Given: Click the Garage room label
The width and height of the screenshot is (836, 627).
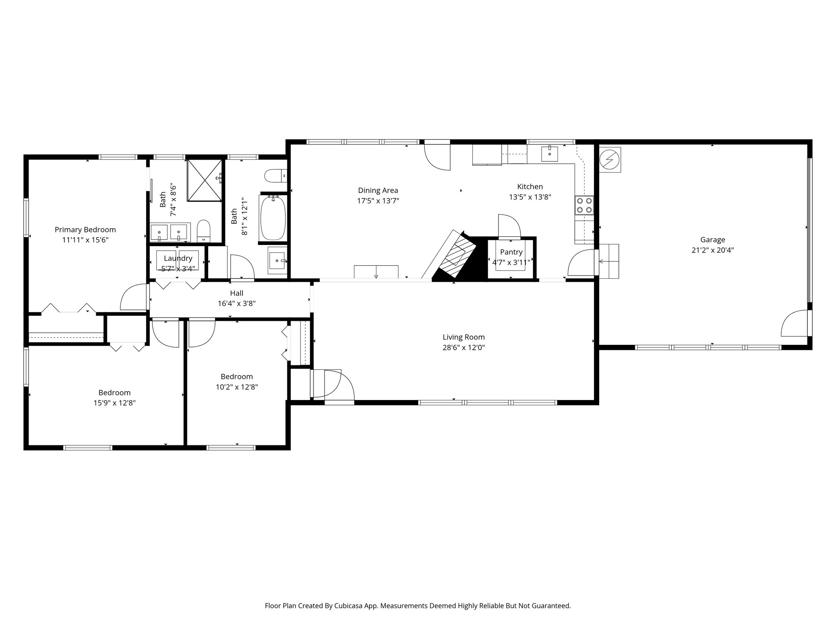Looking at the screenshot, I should click(x=712, y=240).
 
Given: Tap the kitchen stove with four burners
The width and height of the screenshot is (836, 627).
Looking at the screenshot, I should click(x=584, y=205).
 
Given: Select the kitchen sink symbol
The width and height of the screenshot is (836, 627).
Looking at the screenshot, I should click(x=550, y=154).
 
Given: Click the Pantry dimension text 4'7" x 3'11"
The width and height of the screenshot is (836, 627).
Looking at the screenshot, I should click(x=511, y=262).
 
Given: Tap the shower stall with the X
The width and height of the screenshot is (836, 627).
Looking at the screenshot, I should click(x=205, y=180).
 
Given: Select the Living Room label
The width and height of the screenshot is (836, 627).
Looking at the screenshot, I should click(x=463, y=337).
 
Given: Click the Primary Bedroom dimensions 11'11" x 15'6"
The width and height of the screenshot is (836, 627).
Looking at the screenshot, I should click(x=85, y=240).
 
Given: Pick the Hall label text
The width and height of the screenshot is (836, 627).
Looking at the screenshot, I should click(x=236, y=293).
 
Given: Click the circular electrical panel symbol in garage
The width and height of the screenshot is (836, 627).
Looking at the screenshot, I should click(x=610, y=160).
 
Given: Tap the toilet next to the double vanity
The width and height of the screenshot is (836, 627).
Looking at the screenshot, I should click(x=203, y=231).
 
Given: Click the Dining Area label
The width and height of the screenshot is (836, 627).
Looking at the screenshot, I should click(x=378, y=190).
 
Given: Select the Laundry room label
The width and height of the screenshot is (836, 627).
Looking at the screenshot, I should click(x=178, y=258).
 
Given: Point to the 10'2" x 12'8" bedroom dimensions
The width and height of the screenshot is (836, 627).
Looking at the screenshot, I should click(x=237, y=387).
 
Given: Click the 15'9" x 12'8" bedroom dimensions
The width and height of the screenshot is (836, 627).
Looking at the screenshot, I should click(x=114, y=403).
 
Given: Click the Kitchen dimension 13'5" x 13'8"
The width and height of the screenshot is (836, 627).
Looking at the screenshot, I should click(x=530, y=197).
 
